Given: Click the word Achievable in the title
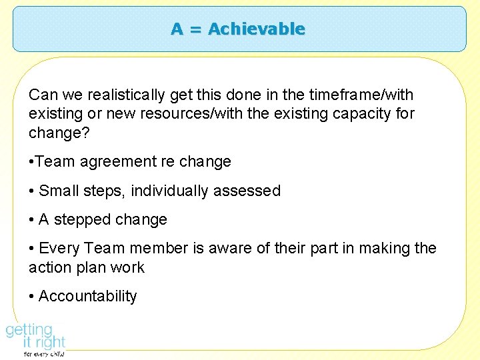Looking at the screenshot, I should (257, 29).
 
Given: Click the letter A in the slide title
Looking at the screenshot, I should (177, 29).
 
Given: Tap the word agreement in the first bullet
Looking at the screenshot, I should (118, 162).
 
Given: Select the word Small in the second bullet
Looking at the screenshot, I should (60, 191).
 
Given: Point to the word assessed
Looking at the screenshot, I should (248, 191).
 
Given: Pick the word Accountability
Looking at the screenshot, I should (88, 297).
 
